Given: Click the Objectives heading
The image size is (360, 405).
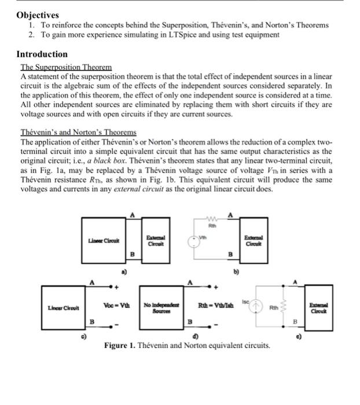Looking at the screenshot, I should point(38,15).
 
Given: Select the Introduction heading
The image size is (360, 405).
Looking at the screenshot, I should point(42,54).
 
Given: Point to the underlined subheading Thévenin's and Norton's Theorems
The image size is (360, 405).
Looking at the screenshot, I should point(78,132).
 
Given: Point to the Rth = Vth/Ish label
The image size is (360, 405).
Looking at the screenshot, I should point(215,305).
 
